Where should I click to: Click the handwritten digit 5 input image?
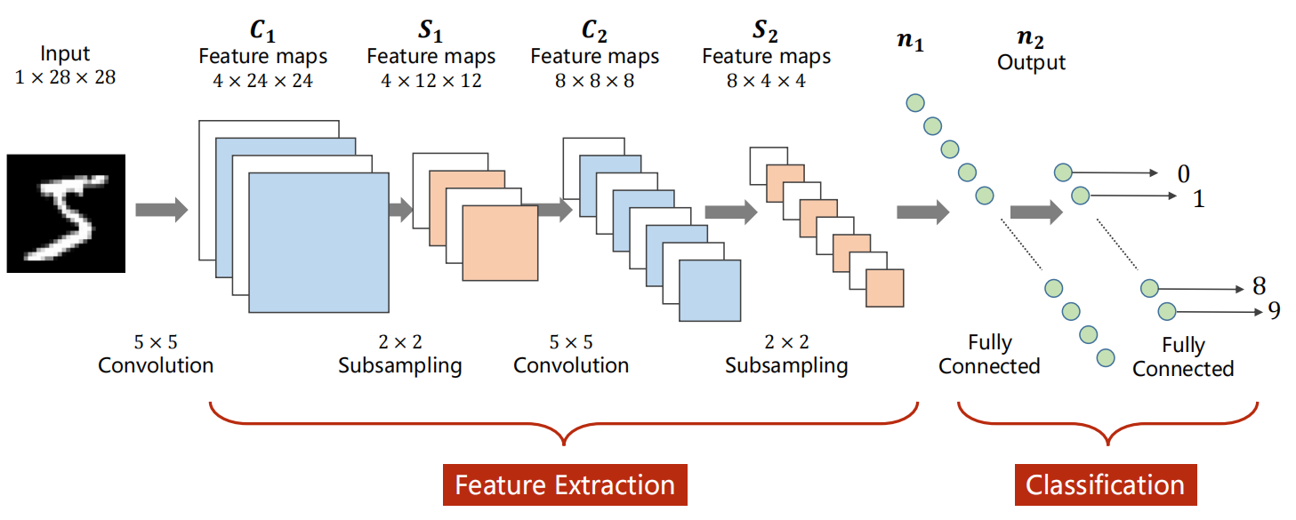(66, 213)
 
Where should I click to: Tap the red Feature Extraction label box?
(565, 484)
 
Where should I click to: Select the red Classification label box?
(1106, 484)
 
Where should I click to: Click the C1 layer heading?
(262, 30)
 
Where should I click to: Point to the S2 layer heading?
(765, 30)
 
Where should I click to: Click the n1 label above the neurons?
(910, 41)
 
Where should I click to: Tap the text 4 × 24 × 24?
(262, 80)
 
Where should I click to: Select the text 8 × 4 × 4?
(766, 80)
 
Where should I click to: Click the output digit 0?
(1184, 173)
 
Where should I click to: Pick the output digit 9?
(1274, 310)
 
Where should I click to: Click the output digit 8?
(1259, 285)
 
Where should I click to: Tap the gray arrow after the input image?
(162, 210)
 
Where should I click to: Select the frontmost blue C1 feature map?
(318, 243)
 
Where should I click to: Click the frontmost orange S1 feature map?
(501, 243)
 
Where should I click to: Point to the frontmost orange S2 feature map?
(885, 288)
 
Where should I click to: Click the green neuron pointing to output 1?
(1080, 196)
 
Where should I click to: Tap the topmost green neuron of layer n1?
(915, 103)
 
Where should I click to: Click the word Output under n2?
(1031, 62)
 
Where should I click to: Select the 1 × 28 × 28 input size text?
(66, 77)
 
